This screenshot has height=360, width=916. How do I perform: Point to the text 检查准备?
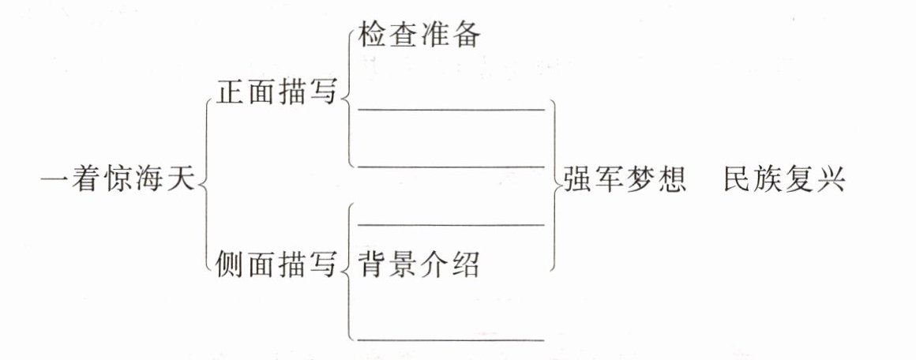[x=419, y=36]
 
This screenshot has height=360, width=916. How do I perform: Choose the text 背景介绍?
[x=419, y=264]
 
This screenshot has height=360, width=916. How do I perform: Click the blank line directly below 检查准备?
[x=452, y=109]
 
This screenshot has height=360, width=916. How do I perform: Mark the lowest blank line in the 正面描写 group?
[x=452, y=167]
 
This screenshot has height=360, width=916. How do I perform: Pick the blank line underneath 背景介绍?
[x=452, y=339]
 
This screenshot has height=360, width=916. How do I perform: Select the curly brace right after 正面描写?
[x=347, y=95]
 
